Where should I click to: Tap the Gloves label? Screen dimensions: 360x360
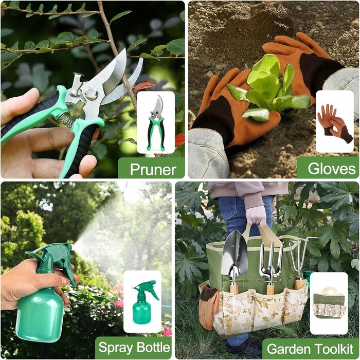(x=331, y=168)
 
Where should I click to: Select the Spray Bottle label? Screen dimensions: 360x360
(x=134, y=347)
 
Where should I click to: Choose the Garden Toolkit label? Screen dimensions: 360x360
(x=310, y=348)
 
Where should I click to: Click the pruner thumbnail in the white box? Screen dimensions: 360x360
(x=156, y=122)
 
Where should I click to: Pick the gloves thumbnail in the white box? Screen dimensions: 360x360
(x=334, y=122)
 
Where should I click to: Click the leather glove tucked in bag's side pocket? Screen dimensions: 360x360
(x=208, y=306)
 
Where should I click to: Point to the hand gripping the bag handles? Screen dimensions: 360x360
(x=256, y=215)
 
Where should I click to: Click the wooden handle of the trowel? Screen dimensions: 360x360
(x=234, y=289)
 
